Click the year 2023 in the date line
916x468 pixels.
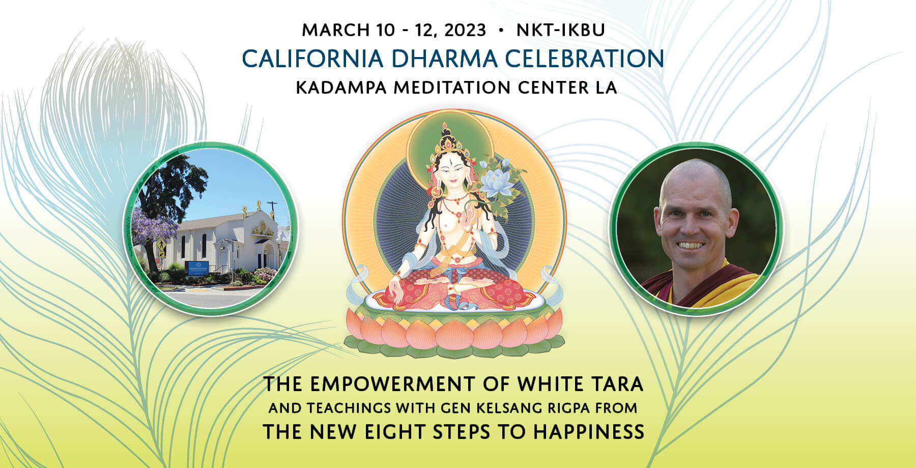[x=465, y=30]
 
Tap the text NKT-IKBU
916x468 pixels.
[x=560, y=30]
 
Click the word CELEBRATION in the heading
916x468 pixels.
[x=584, y=59]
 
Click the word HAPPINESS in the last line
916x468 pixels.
[x=588, y=432]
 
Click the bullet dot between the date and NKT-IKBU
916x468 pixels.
[x=502, y=31]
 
